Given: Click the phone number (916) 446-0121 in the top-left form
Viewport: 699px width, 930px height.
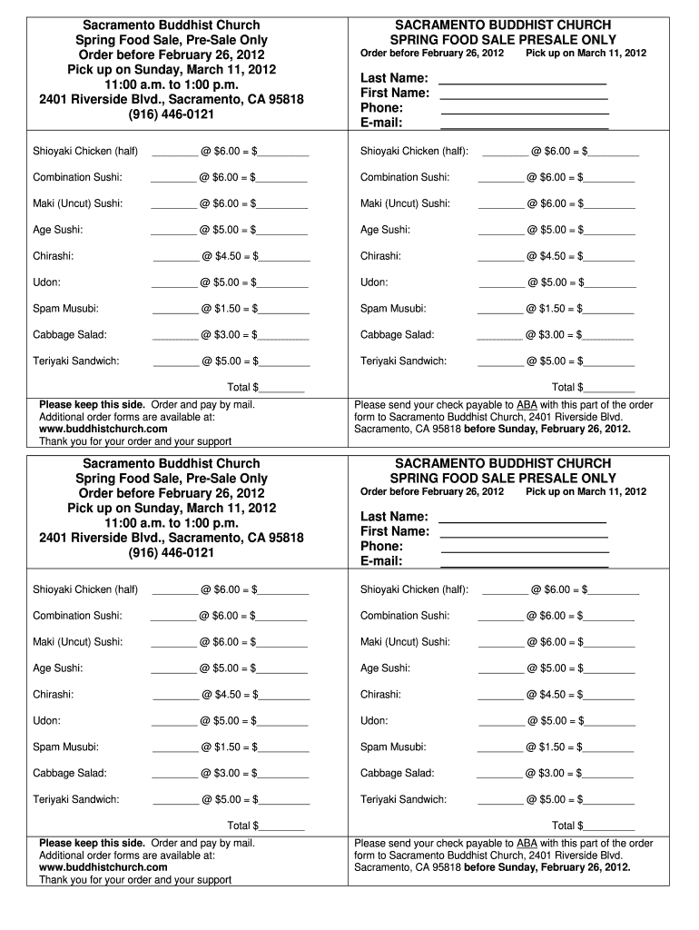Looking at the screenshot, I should [x=172, y=114].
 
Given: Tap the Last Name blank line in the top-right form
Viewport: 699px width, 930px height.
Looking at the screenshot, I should [x=522, y=83].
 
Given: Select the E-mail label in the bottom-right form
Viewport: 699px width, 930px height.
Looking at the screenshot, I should [x=381, y=561].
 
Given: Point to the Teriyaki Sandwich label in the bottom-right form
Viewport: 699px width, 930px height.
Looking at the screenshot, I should [x=403, y=799].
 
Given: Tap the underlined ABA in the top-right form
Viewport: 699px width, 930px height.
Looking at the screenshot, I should [x=527, y=405].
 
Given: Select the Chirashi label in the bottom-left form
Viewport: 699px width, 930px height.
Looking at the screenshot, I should [x=54, y=695].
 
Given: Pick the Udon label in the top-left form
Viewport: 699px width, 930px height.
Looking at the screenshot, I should [x=47, y=282].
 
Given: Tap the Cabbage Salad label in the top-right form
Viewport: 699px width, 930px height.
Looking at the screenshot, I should [x=397, y=335].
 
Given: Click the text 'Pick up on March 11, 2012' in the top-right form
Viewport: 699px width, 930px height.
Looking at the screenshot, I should [x=586, y=54].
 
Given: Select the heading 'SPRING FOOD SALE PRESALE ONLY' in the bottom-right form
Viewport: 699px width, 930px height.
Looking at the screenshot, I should [x=503, y=478].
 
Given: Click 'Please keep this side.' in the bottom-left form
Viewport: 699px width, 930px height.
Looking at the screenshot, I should [x=93, y=844].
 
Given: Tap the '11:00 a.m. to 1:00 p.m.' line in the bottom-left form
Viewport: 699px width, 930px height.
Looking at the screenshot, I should [x=172, y=523].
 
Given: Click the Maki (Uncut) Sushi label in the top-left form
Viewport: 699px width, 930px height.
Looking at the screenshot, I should [x=78, y=203].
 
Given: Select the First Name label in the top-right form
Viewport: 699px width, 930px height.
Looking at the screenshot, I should [x=395, y=93].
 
